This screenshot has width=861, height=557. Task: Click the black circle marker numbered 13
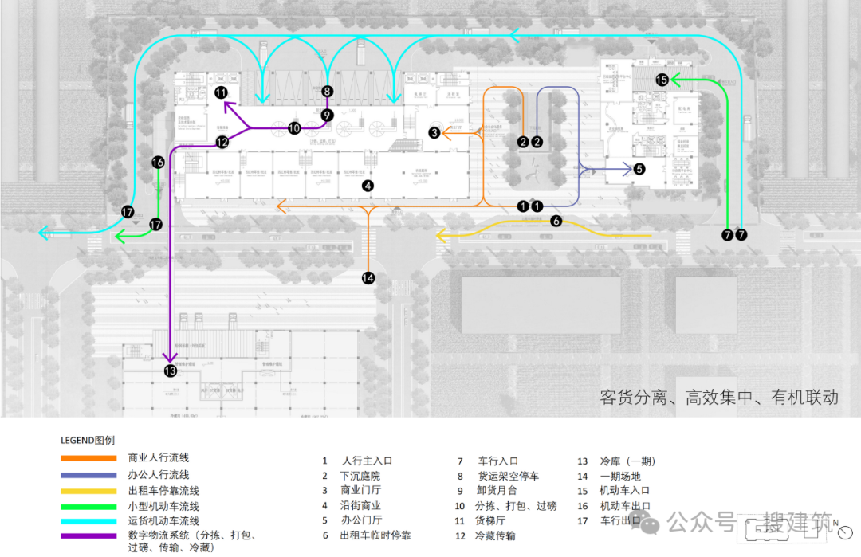point(170,371)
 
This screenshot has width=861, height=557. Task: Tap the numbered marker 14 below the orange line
point(368,278)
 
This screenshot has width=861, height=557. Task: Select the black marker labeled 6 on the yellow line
point(556,221)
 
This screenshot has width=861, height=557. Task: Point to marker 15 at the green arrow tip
point(662,80)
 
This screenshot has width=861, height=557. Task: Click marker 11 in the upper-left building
point(221,93)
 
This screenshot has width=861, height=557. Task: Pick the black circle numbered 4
point(368,186)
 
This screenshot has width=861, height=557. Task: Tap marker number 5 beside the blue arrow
point(639,169)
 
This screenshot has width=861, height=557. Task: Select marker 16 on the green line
point(158,163)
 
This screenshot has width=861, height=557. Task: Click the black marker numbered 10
point(294,127)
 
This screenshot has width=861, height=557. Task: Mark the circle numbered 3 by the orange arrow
point(434,133)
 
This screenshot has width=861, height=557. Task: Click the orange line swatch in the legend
point(88,458)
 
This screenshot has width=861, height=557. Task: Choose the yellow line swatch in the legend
point(88,491)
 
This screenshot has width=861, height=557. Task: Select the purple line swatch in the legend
point(88,535)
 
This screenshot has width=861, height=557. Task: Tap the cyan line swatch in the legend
point(88,520)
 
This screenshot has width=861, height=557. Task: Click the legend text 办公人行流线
point(158,475)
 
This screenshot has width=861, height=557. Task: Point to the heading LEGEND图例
point(88,440)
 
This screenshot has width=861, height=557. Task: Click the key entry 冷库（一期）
point(627,461)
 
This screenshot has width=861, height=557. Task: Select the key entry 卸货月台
point(497,491)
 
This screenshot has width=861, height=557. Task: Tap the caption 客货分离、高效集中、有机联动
point(718,398)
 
